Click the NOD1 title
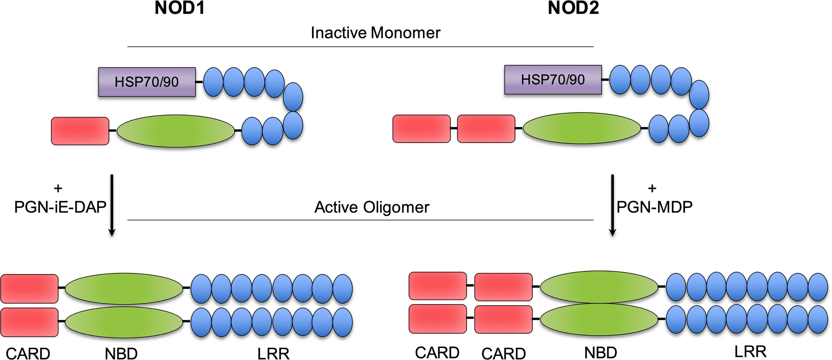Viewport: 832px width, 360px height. [x=179, y=8]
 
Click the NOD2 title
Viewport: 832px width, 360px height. [x=573, y=8]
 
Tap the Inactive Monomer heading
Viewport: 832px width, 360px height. [x=375, y=33]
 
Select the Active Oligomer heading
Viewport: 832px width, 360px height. [x=372, y=207]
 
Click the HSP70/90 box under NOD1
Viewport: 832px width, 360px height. [x=147, y=82]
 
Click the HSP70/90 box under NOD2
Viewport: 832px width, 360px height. [x=553, y=80]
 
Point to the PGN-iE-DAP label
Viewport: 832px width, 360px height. [x=60, y=207]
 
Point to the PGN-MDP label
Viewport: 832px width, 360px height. [x=654, y=207]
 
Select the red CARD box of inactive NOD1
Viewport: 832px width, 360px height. [x=80, y=131]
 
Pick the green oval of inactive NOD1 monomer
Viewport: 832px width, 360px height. [x=176, y=131]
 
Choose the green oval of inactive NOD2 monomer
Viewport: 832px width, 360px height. [x=582, y=128]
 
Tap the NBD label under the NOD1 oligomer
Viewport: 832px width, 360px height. [x=121, y=354]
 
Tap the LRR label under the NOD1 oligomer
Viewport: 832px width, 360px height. [x=273, y=354]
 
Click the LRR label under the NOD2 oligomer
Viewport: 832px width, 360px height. [x=750, y=352]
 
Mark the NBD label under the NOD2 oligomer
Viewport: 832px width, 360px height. [x=601, y=353]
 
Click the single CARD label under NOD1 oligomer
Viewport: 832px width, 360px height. [x=28, y=354]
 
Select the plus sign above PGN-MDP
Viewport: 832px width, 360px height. [x=652, y=188]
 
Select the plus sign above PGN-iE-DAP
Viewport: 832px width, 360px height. [x=58, y=188]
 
